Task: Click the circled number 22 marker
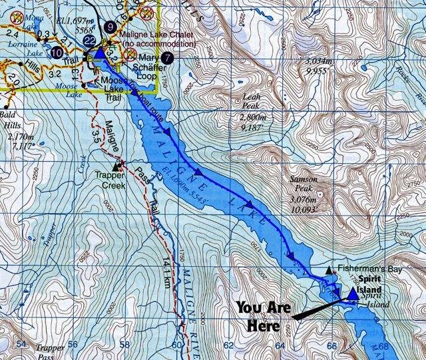point(88,41)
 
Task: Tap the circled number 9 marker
point(109,27)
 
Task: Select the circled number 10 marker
point(57,51)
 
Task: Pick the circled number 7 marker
point(167,58)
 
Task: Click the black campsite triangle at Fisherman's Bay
point(329,270)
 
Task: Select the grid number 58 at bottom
point(124,344)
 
